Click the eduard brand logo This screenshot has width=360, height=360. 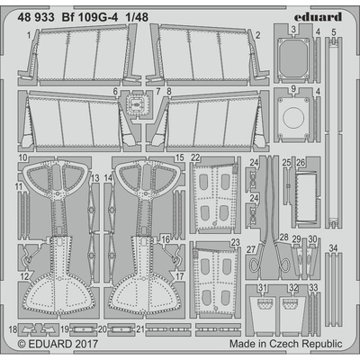coord(318,17)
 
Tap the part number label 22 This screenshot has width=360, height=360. coord(195,157)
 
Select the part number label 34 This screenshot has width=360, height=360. coord(333,248)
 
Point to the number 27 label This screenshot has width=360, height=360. coord(251,249)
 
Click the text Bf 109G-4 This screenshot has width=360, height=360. coord(90,17)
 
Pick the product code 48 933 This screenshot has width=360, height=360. coord(36,17)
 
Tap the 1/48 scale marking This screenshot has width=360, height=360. coord(137,17)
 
